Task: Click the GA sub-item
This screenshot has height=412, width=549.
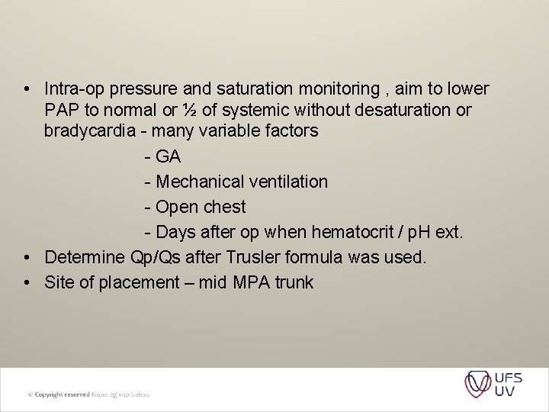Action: click(x=167, y=156)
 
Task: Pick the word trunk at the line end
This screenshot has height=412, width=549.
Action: click(x=295, y=282)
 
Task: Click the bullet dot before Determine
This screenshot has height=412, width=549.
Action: click(x=27, y=257)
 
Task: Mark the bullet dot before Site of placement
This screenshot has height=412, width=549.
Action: click(x=27, y=282)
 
